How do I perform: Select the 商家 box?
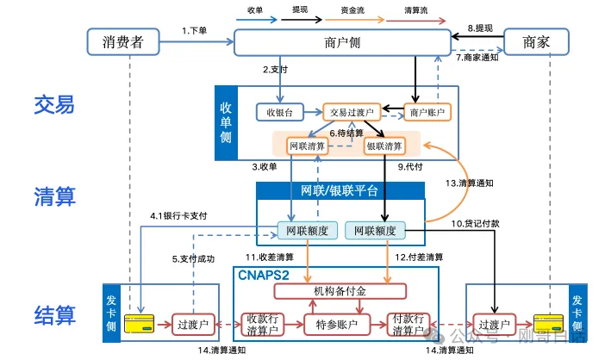click(x=537, y=41)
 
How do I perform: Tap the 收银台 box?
click(x=278, y=112)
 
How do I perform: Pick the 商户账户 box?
click(x=427, y=112)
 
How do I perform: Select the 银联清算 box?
click(x=384, y=145)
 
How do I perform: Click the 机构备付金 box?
click(x=339, y=291)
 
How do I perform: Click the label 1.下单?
click(x=195, y=30)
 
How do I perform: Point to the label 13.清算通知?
click(x=470, y=183)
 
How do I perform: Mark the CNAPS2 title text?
click(x=264, y=275)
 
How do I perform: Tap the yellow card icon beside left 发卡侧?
click(x=140, y=325)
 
